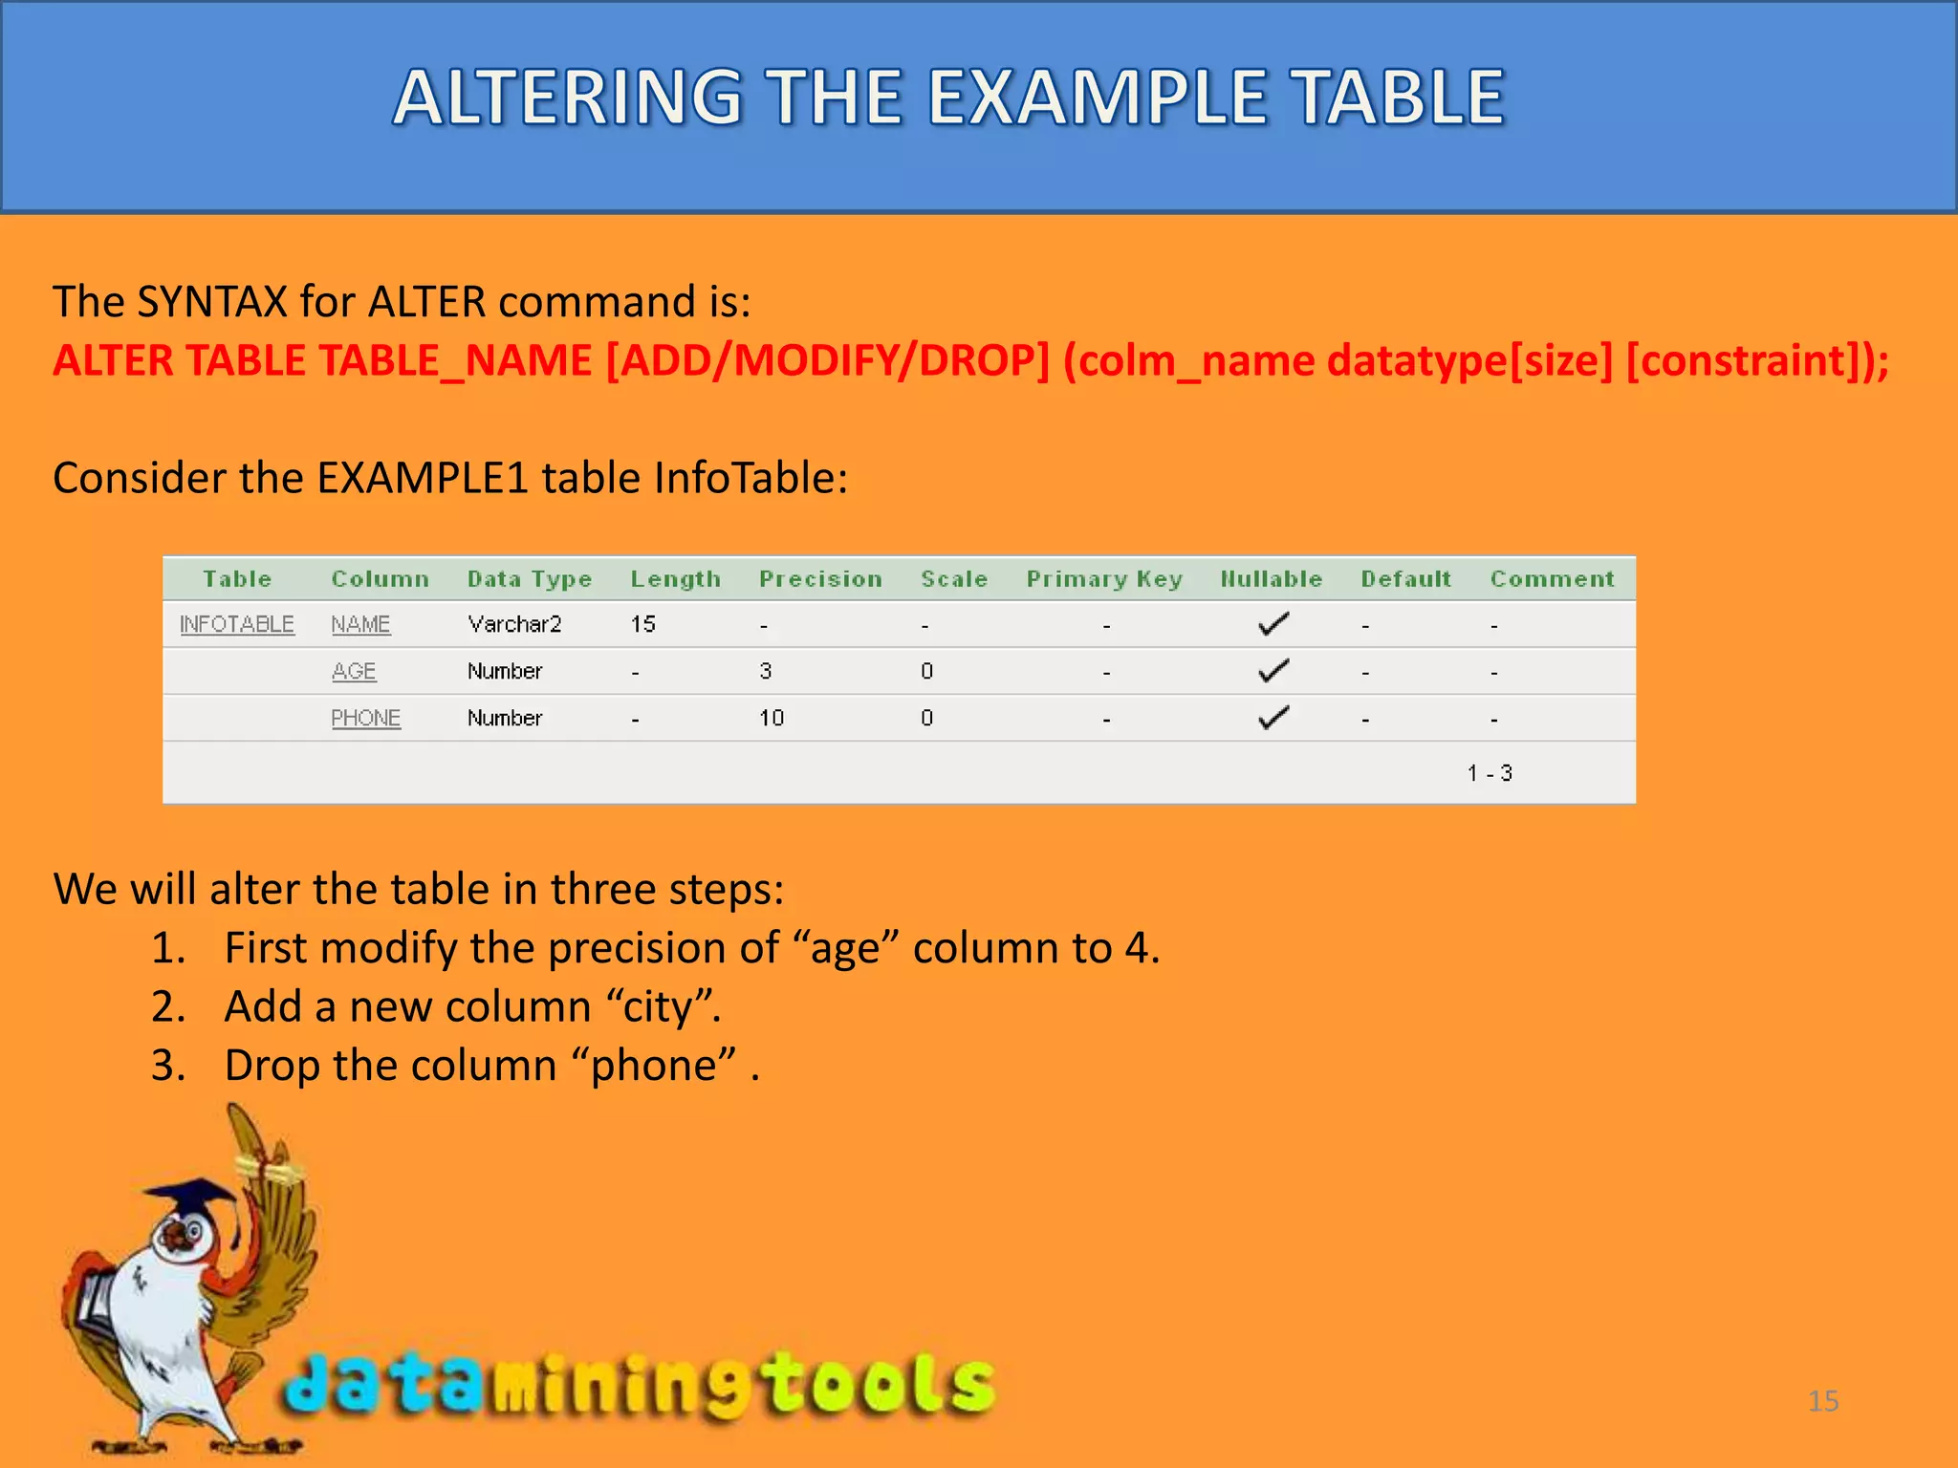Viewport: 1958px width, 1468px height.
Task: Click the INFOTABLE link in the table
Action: click(237, 624)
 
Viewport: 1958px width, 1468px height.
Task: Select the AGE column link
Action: click(354, 671)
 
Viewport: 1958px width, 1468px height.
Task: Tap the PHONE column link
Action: click(365, 718)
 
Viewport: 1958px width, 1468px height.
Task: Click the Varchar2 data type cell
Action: click(514, 624)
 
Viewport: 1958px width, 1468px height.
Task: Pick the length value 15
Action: click(642, 624)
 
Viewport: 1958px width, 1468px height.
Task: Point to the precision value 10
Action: click(772, 718)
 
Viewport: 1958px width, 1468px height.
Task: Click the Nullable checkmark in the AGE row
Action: click(1273, 671)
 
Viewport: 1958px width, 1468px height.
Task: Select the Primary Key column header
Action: click(1104, 579)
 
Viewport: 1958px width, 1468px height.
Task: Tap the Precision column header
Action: click(820, 579)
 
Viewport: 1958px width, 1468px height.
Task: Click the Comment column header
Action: click(1552, 579)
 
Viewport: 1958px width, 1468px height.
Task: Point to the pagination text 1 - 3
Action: click(1490, 773)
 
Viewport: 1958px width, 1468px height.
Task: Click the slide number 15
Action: click(1823, 1401)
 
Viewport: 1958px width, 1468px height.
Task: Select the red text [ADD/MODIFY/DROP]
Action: click(828, 361)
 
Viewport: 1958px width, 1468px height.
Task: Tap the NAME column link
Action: click(360, 624)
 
